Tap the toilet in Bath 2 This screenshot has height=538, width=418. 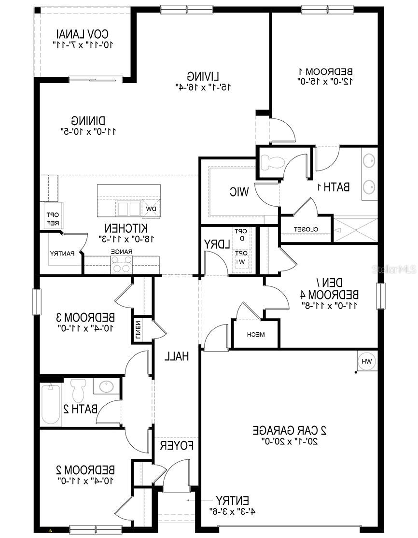[77, 388]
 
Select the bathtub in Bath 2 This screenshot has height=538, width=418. [50, 403]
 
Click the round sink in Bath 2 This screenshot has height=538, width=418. [106, 387]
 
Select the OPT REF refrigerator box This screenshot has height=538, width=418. [52, 219]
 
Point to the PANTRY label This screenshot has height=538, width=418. [62, 254]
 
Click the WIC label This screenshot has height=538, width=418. [239, 192]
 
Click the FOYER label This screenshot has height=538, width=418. [177, 445]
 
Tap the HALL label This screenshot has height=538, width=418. [176, 356]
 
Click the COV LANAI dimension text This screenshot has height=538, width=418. [84, 44]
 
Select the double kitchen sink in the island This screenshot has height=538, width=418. [128, 208]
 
